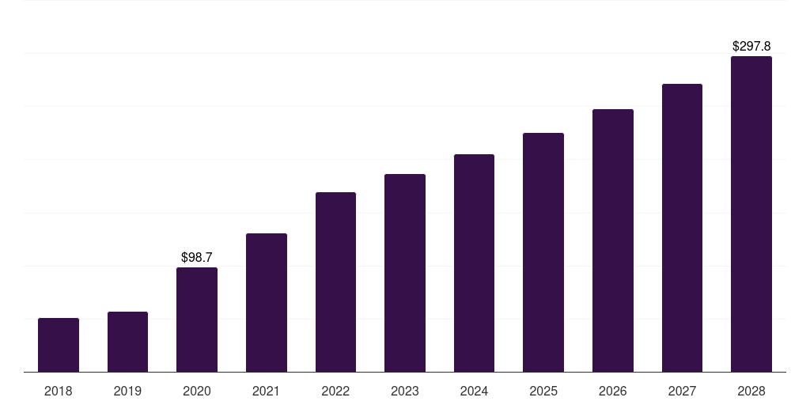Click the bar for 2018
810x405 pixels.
pos(59,345)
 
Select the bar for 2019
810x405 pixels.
pos(127,342)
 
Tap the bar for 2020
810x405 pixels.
pos(197,320)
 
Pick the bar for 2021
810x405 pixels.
pos(267,302)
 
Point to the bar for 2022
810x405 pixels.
pos(335,282)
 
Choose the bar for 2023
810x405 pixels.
pos(405,273)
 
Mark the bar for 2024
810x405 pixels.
pos(474,263)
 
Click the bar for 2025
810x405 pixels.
pos(543,252)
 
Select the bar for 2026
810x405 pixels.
pos(613,240)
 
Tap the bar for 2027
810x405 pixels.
pos(682,228)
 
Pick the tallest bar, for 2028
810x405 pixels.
pos(751,214)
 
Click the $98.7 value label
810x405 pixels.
pos(197,257)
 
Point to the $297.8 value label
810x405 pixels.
pos(751,47)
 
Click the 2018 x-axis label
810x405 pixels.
pos(59,391)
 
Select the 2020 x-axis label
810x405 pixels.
pos(197,391)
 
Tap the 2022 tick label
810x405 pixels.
pos(335,391)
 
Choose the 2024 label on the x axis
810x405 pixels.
pos(474,391)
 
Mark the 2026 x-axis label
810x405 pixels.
pos(613,391)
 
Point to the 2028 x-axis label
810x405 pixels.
pos(751,391)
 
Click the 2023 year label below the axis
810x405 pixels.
pos(405,391)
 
